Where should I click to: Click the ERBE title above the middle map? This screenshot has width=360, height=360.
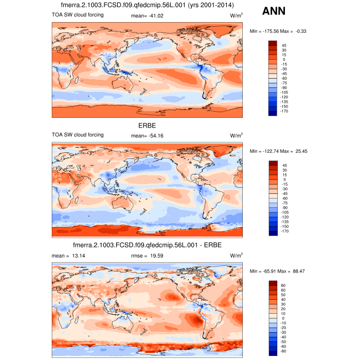[x=147, y=125]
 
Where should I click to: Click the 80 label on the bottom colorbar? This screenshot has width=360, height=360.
[x=284, y=284]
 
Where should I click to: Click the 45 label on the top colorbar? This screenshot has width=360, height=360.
[x=283, y=45]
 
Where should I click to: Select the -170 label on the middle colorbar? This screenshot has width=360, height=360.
[x=285, y=231]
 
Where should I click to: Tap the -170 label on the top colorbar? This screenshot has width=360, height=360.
[x=285, y=111]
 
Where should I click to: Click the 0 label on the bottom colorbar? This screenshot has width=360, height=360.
[x=283, y=318]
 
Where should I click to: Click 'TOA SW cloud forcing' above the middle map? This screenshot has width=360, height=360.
[x=78, y=135]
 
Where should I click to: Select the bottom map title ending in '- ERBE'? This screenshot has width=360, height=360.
[x=147, y=245]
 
